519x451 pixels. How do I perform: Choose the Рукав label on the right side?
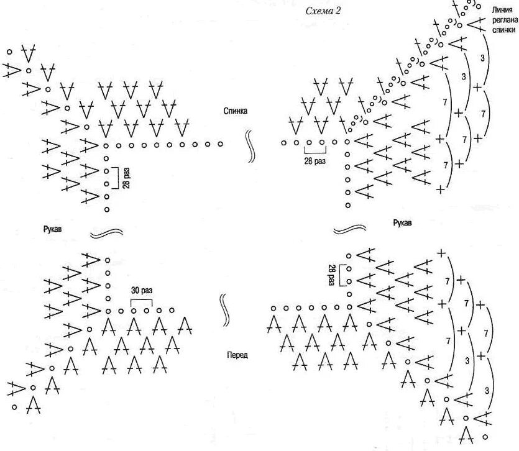tap(402, 222)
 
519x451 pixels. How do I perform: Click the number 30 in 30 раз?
tap(135, 289)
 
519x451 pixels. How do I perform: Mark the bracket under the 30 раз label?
tap(141, 301)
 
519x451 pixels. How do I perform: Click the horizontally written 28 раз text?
tap(315, 160)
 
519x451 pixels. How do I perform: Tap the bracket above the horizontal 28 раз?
tap(315, 150)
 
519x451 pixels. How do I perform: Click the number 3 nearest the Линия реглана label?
tap(484, 57)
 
